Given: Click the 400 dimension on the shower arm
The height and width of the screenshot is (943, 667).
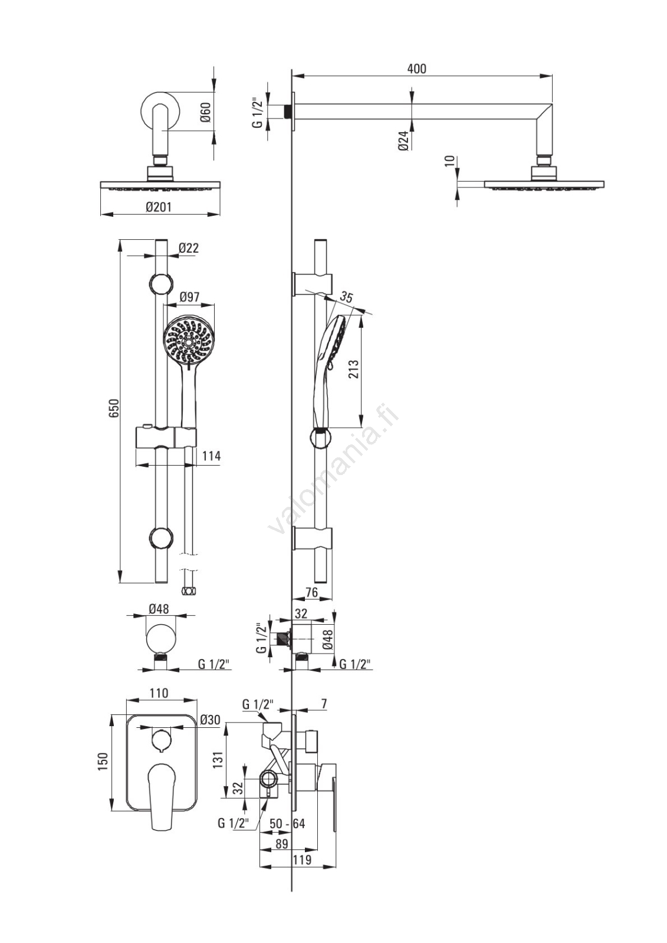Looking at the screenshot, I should click(416, 69).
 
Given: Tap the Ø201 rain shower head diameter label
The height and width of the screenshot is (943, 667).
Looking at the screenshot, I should click(159, 207).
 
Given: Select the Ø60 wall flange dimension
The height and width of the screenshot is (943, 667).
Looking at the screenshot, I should click(205, 112).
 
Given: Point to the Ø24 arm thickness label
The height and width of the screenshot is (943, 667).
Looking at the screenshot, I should click(404, 141).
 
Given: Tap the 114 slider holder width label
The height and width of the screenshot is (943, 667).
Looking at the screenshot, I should click(211, 456).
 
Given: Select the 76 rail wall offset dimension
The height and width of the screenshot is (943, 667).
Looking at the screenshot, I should click(312, 592).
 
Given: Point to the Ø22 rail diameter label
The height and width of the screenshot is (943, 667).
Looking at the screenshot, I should click(189, 248).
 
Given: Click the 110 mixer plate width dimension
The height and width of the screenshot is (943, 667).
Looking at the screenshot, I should click(159, 693).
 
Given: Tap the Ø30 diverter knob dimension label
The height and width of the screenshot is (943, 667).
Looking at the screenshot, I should click(210, 720).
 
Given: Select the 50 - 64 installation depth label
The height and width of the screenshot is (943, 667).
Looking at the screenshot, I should click(287, 823).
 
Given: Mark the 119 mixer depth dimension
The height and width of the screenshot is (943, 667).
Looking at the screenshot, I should click(302, 860).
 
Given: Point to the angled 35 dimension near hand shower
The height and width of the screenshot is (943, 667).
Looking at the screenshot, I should click(347, 298).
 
